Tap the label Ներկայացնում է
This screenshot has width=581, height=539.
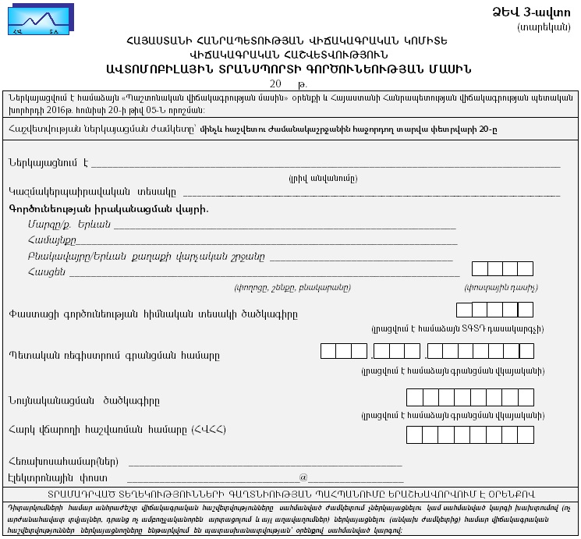tap(47, 162)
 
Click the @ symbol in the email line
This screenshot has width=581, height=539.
tap(303, 476)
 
